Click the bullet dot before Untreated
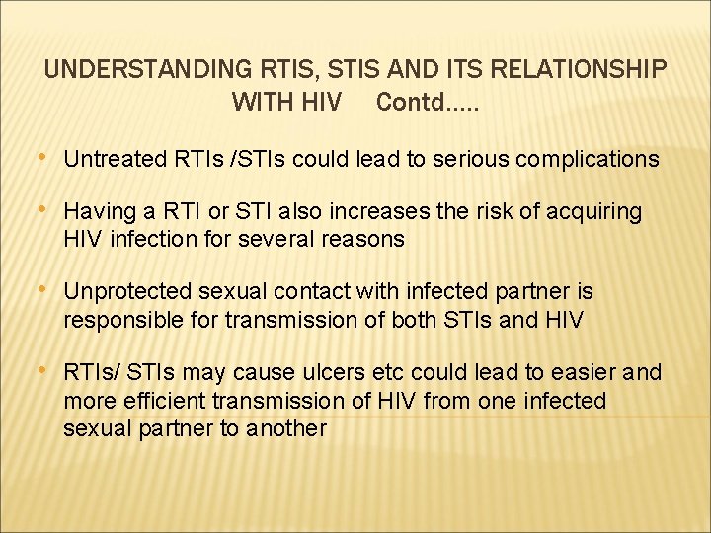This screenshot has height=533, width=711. pos(45,158)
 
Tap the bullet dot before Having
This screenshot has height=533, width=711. pos(45,211)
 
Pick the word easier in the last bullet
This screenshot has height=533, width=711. pos(588,373)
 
